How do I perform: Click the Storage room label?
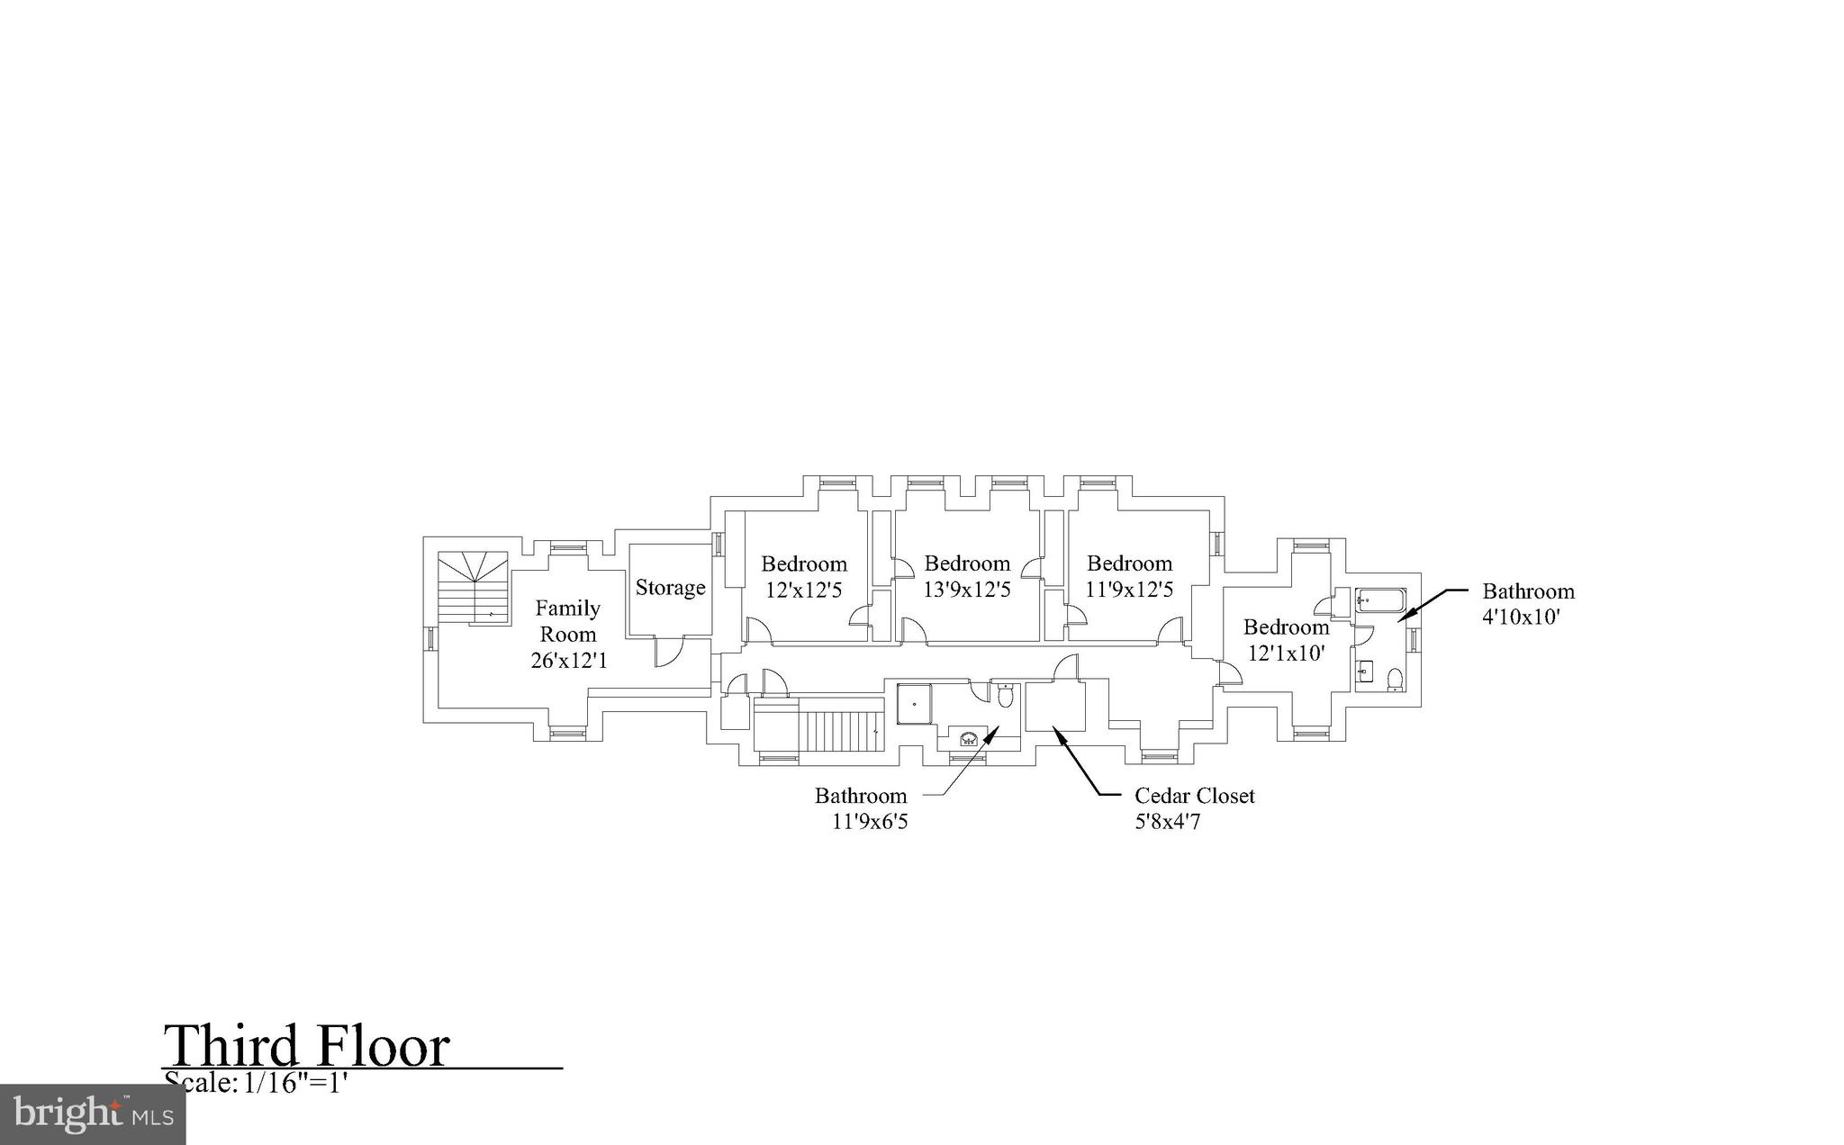670,588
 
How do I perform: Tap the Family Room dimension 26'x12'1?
569,661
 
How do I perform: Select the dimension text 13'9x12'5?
967,590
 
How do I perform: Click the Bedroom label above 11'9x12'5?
1129,563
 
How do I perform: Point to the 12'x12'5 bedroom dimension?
804,591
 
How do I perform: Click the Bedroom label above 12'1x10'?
1286,627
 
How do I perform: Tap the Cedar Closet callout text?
1194,796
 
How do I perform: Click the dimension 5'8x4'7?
1167,822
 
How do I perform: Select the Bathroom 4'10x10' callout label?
1528,591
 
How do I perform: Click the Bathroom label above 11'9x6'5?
861,796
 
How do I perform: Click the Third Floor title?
306,1046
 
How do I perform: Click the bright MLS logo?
93,1114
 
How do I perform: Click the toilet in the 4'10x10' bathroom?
1395,679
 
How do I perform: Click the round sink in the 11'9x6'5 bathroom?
969,739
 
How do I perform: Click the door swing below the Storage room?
667,653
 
